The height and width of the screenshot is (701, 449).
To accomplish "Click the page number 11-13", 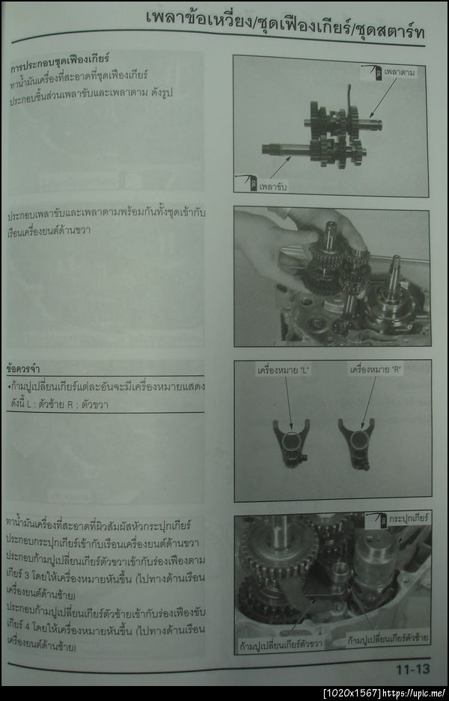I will tap(412, 670).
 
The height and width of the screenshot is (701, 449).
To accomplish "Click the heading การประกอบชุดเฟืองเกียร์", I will tap(60, 58).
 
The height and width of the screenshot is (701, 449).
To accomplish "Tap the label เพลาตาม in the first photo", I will tap(400, 73).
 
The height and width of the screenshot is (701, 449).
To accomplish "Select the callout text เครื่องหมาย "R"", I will tap(373, 370).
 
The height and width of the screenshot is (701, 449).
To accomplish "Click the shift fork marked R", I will tap(356, 443).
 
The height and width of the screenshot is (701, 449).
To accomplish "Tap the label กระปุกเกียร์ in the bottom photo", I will tap(409, 518).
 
